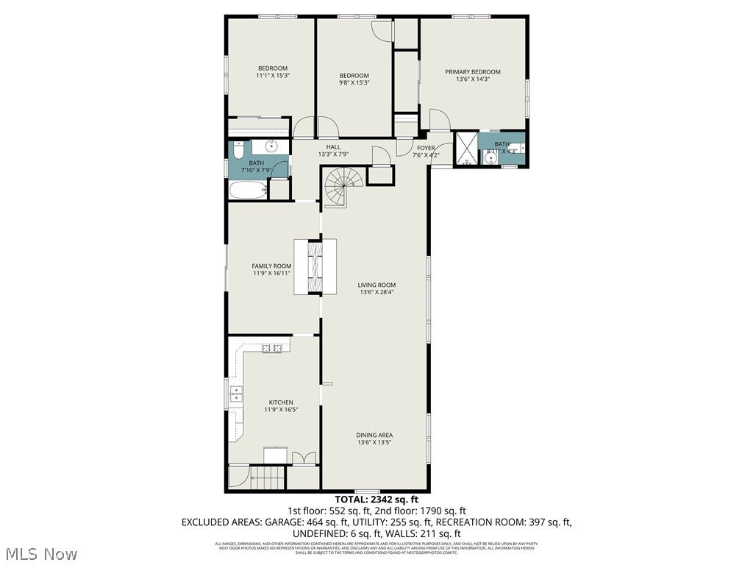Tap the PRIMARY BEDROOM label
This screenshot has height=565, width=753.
(x=472, y=72)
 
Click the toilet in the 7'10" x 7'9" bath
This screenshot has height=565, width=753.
(x=238, y=151)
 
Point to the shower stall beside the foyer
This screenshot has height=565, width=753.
(x=465, y=149)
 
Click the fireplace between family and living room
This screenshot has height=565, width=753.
(x=315, y=267)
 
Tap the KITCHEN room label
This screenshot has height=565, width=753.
(x=280, y=402)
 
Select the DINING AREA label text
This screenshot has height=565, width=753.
(x=374, y=436)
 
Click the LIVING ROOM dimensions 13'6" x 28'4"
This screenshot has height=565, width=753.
(x=376, y=292)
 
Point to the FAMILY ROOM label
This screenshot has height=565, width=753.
(x=271, y=266)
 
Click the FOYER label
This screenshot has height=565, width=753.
(x=427, y=148)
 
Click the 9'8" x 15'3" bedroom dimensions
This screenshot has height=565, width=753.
(x=354, y=83)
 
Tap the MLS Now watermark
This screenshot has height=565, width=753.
(x=41, y=552)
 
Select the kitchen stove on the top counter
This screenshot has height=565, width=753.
(x=271, y=348)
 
